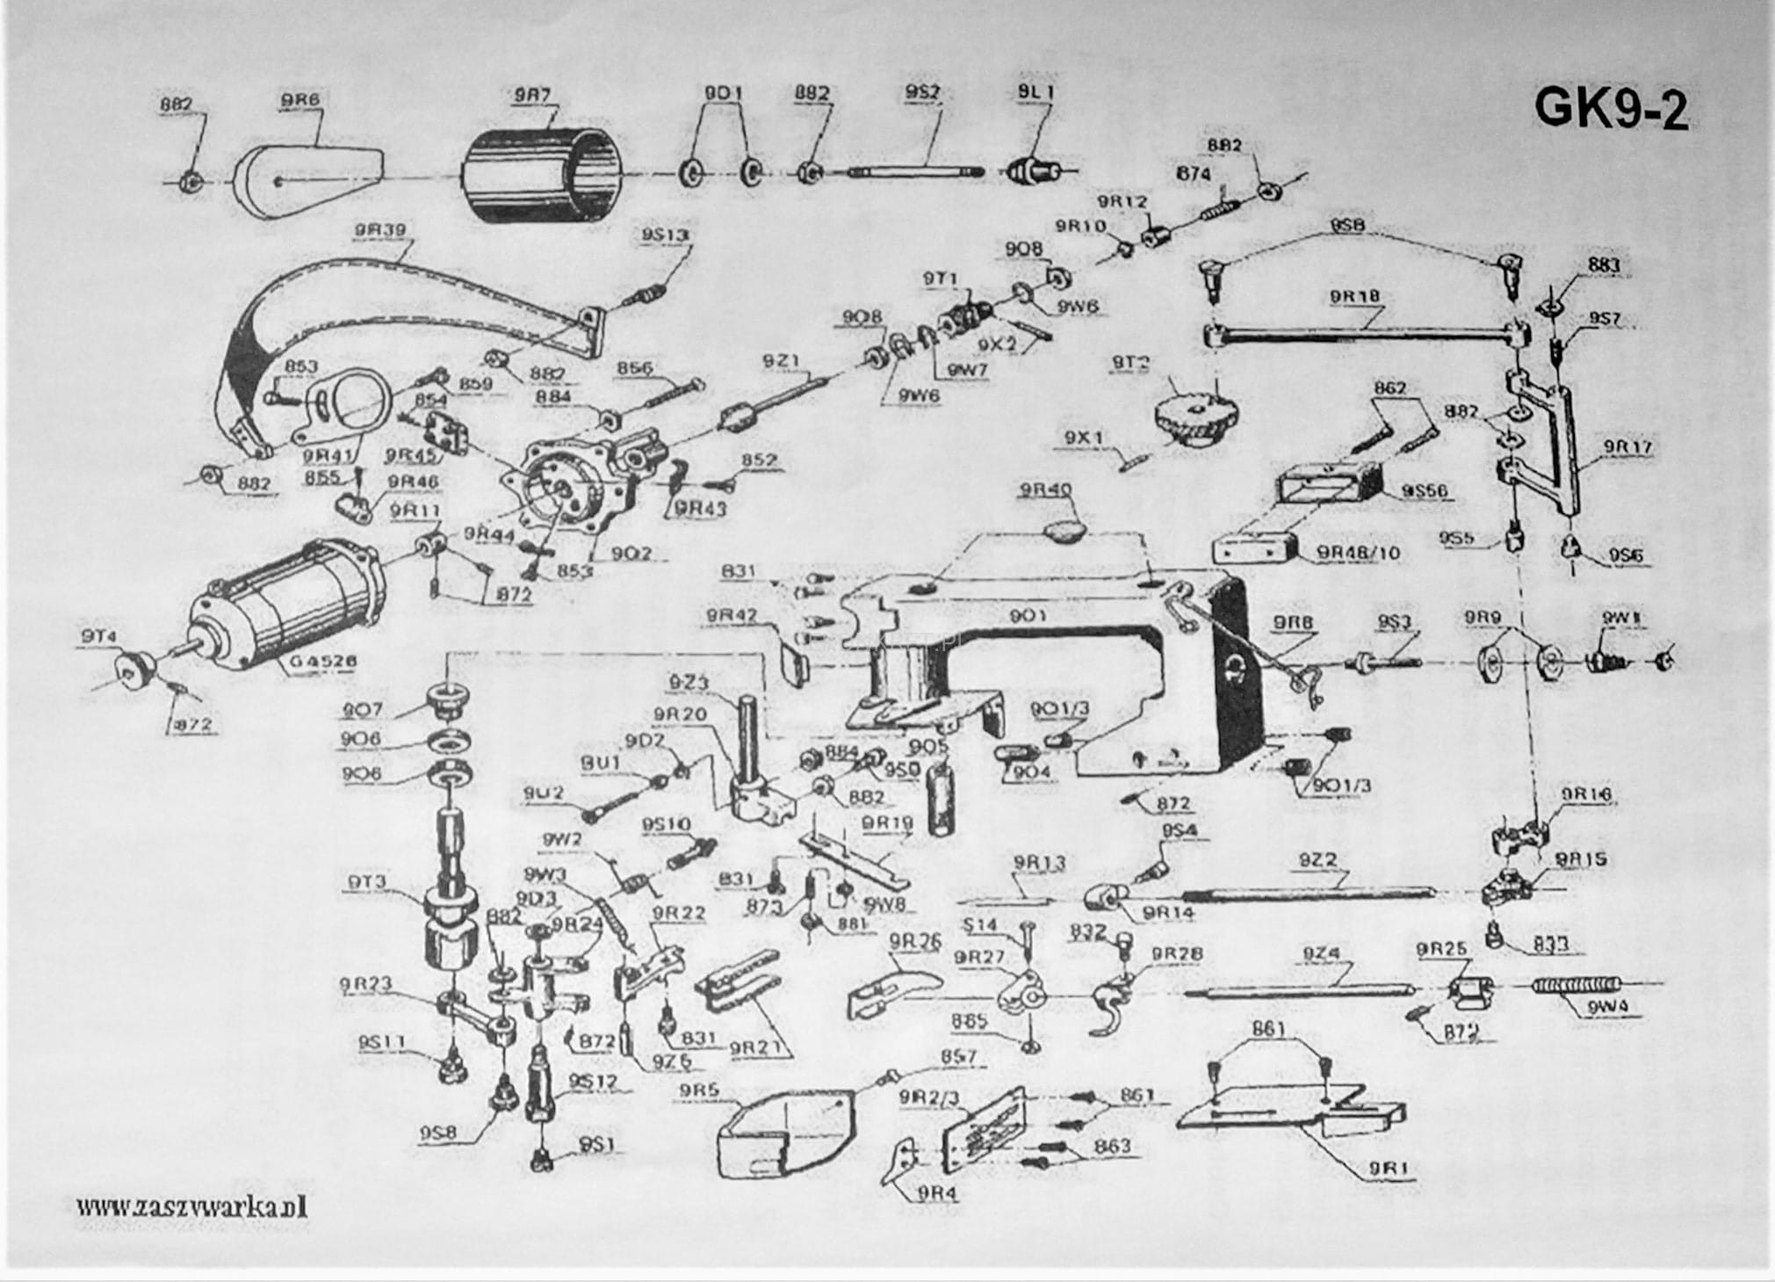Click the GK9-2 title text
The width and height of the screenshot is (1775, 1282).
coord(1611,108)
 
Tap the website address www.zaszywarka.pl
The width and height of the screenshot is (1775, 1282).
coord(191,1206)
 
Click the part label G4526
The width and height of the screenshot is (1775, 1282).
coord(315,661)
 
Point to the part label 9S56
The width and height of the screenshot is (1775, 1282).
coord(1425,490)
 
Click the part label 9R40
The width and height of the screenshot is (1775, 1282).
coord(1043,490)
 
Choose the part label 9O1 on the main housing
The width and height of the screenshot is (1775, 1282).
coord(1028,616)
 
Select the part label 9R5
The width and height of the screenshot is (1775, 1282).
coord(698,1091)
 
